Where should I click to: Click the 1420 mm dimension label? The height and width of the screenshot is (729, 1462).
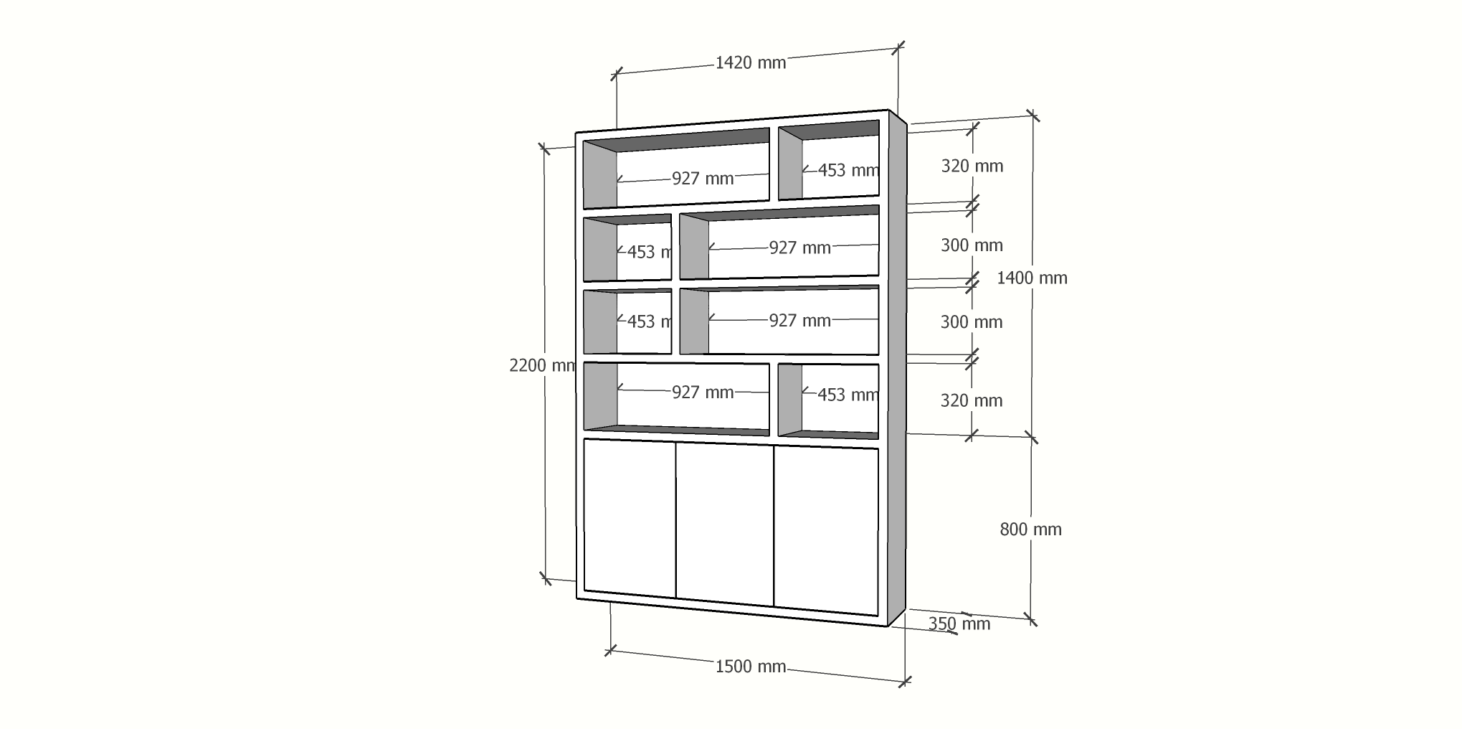coord(750,63)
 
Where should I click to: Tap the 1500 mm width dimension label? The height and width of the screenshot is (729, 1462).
coord(750,667)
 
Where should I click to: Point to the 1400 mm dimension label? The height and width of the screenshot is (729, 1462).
coord(1031,278)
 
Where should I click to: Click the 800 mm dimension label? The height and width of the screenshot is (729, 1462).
coord(1030,530)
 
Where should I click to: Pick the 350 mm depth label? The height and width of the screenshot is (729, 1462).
coord(959,624)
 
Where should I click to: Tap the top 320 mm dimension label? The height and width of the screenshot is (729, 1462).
coord(972,166)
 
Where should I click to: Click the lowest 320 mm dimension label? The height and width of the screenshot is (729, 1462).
coord(971,400)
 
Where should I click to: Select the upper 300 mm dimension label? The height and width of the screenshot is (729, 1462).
coord(971,245)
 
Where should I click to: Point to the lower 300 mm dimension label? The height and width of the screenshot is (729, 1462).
coord(971,322)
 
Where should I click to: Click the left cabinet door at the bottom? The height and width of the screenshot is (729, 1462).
coord(630,518)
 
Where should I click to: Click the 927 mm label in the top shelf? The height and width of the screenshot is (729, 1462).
coord(702,179)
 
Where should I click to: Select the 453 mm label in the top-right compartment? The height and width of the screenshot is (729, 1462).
coord(848,170)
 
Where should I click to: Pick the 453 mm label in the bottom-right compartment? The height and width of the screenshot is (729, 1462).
coord(847,395)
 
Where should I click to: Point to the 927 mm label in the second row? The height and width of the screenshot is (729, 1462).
coord(799,248)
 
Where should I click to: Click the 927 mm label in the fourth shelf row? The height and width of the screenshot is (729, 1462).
coord(702,392)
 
